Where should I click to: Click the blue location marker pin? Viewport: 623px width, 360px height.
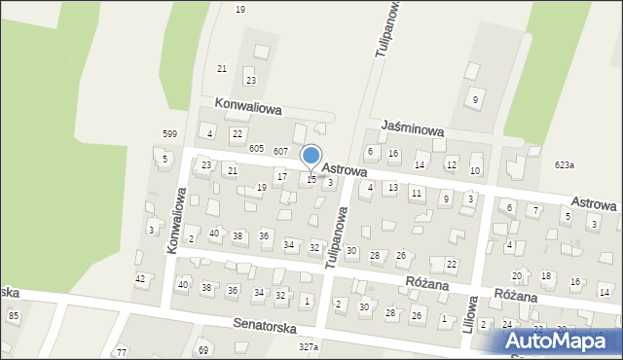click(x=311, y=156)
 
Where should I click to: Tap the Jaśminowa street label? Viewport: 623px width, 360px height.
click(x=414, y=127)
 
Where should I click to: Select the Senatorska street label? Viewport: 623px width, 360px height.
click(x=264, y=328)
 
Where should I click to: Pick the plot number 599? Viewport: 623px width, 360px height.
click(x=169, y=133)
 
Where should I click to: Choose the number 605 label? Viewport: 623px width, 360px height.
click(x=256, y=148)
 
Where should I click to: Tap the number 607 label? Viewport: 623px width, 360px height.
click(x=280, y=151)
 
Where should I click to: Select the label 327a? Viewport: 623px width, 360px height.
click(x=309, y=346)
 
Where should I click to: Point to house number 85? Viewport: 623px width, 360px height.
click(x=14, y=315)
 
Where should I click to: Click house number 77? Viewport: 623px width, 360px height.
click(x=121, y=351)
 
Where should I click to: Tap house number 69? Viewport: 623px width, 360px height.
click(x=203, y=349)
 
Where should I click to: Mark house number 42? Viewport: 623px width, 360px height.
click(x=140, y=279)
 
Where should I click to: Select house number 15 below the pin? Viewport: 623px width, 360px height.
click(x=311, y=179)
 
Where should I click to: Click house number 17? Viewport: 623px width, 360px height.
click(x=281, y=176)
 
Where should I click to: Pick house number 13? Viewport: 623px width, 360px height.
click(x=392, y=187)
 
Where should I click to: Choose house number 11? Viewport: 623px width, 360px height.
click(x=416, y=194)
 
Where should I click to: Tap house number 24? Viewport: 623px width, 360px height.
click(x=506, y=324)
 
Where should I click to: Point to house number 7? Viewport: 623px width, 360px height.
click(x=535, y=210)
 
